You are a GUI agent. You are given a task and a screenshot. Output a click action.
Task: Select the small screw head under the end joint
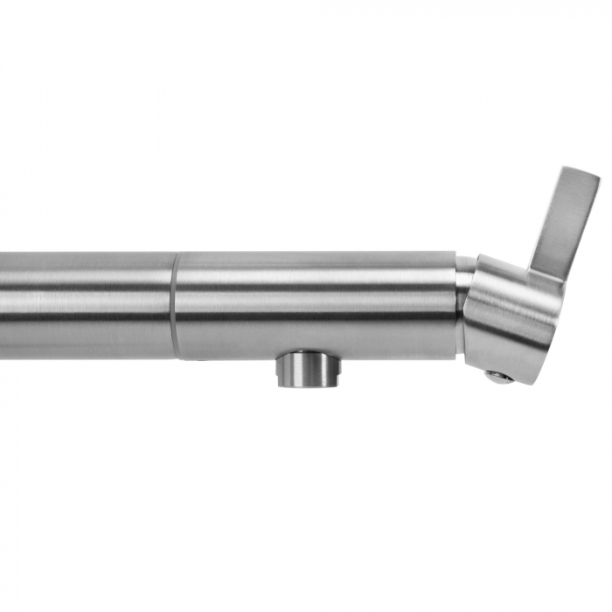pyautogui.click(x=499, y=377)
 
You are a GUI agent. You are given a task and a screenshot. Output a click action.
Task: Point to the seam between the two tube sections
pyautogui.click(x=176, y=306)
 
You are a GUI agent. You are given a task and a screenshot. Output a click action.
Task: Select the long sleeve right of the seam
pyautogui.click(x=315, y=302)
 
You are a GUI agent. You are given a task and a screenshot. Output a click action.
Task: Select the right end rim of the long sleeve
pyautogui.click(x=455, y=302)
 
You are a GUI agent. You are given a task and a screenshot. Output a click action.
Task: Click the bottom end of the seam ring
pyautogui.click(x=177, y=354)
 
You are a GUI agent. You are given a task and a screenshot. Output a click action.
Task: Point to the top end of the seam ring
pyautogui.click(x=176, y=255)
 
